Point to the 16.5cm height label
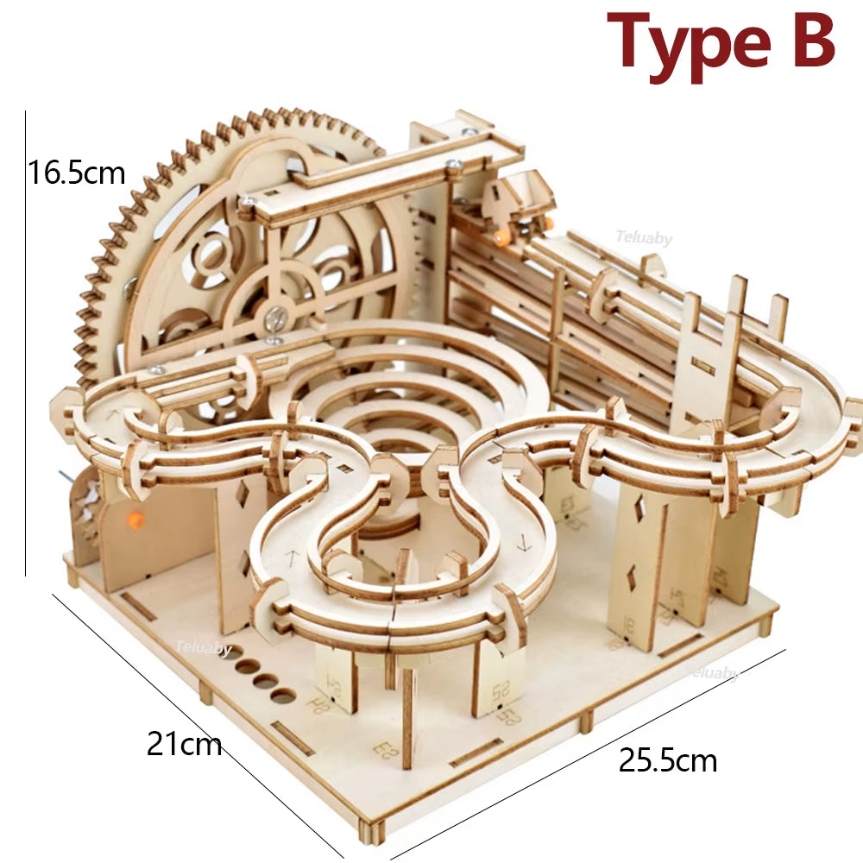point(76,173)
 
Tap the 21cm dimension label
point(184,742)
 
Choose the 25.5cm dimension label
point(668,761)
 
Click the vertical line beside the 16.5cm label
point(26,345)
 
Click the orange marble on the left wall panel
point(135,520)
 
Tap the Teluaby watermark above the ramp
point(644,238)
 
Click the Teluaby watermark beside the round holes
point(204,648)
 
